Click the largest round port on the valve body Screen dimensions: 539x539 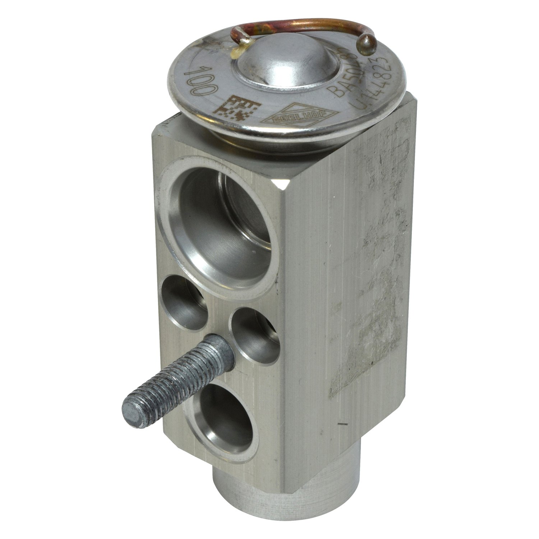pos(219,230)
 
